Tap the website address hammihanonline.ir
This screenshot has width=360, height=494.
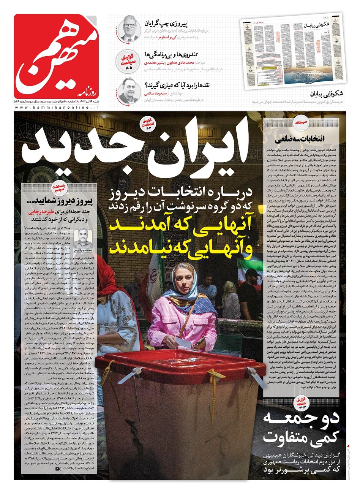pyautogui.click(x=57, y=108)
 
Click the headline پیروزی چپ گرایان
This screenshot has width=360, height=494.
pyautogui.click(x=166, y=24)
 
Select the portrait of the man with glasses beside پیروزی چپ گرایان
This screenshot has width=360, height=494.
pyautogui.click(x=129, y=30)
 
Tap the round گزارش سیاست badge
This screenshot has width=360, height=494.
pyautogui.click(x=128, y=60)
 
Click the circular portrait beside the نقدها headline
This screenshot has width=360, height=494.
pyautogui.click(x=129, y=90)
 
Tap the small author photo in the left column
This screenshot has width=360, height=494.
pyautogui.click(x=82, y=238)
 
